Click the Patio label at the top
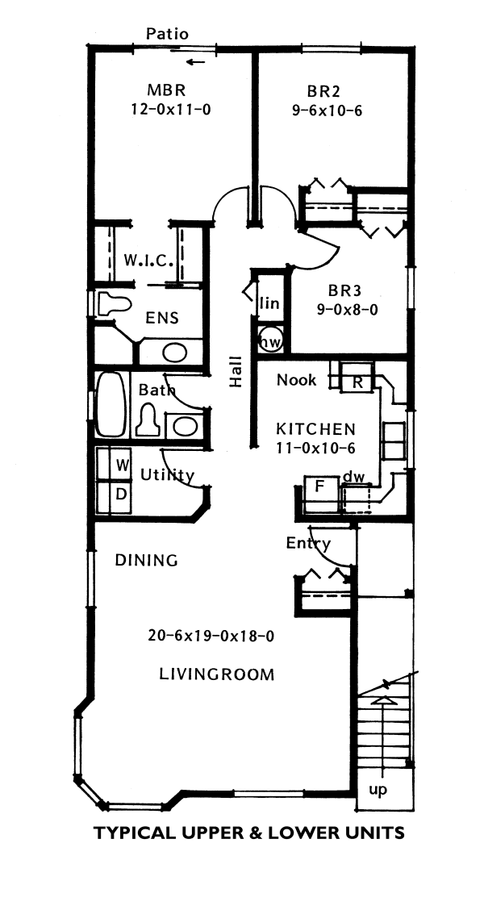point(167,34)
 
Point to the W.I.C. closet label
point(146,261)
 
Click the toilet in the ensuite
point(114,304)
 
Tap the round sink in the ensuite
point(173,352)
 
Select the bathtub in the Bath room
point(111,405)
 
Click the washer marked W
point(123,465)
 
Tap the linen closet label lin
point(269,304)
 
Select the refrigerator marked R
point(357,382)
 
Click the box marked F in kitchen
point(318,488)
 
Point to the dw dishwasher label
point(353,477)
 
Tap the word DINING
point(146,560)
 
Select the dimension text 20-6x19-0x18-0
point(212,636)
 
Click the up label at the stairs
point(378,790)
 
